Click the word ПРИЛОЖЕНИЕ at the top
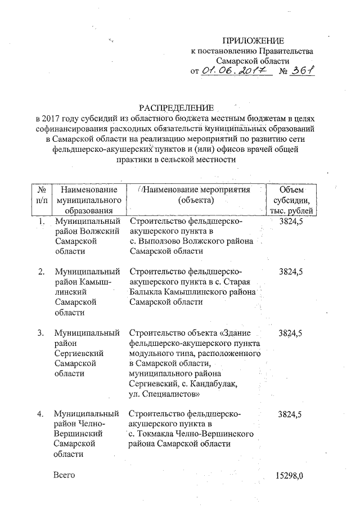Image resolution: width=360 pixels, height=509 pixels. click(x=253, y=40)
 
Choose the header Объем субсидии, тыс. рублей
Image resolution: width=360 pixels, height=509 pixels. click(x=291, y=200)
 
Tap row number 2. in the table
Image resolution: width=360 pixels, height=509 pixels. click(x=41, y=272)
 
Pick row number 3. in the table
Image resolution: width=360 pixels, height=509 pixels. click(x=41, y=333)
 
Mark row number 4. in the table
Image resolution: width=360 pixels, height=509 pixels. click(x=41, y=414)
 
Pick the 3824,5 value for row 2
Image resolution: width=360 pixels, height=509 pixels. click(x=290, y=272)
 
